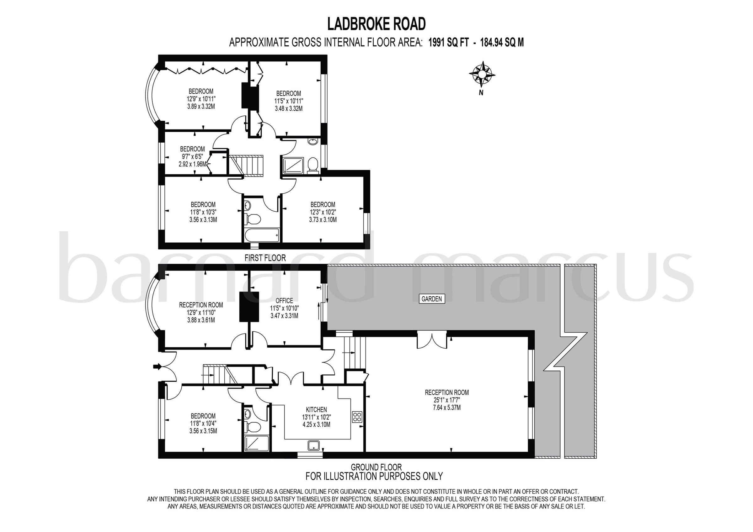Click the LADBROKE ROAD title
376,24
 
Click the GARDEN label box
432,299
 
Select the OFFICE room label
284,301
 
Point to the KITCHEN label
316,409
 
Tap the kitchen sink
313,445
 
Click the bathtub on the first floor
262,235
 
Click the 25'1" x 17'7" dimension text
447,400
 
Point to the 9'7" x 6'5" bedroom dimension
192,157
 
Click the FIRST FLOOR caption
265,258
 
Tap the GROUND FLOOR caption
376,467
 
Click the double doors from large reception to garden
432,340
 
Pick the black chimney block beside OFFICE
249,307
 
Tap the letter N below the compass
481,93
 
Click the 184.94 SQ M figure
502,43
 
